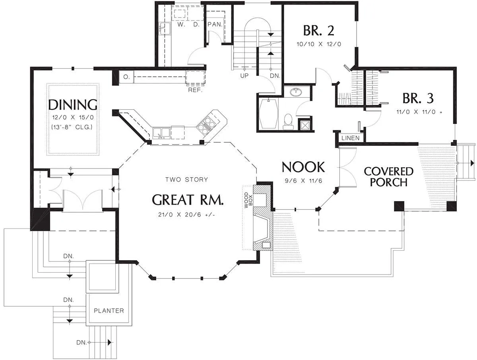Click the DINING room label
pos(73,105)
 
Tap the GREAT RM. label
pos(188,200)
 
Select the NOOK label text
pos(303,167)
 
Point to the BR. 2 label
pos(318,31)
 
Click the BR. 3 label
pos(418,98)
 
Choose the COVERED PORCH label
pos(388,177)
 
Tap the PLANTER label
pos(109,311)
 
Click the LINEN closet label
pos(350,138)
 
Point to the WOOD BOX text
pos(248,200)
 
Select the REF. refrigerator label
pos(195,90)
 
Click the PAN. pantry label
pos(215,24)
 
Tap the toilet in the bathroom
pos(288,122)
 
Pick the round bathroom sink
pos(296,92)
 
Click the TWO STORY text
pos(187,180)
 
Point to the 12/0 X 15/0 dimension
pos(73,118)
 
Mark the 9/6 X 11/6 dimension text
pos(303,181)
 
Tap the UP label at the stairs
pos(244,76)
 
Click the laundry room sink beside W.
pos(165,29)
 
